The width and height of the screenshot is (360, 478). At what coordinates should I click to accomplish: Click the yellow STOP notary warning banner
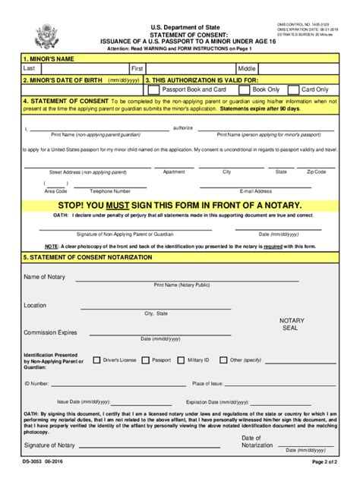click(x=179, y=205)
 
